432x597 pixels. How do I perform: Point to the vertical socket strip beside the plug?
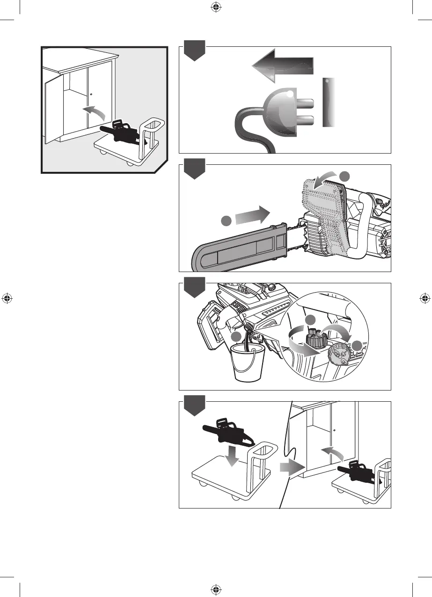[x=329, y=103]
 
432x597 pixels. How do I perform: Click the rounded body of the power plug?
[x=278, y=112]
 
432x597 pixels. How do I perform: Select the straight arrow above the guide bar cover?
[x=252, y=216]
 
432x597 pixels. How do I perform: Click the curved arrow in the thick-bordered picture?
[x=95, y=112]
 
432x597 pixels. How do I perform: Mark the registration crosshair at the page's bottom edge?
[x=216, y=589]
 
